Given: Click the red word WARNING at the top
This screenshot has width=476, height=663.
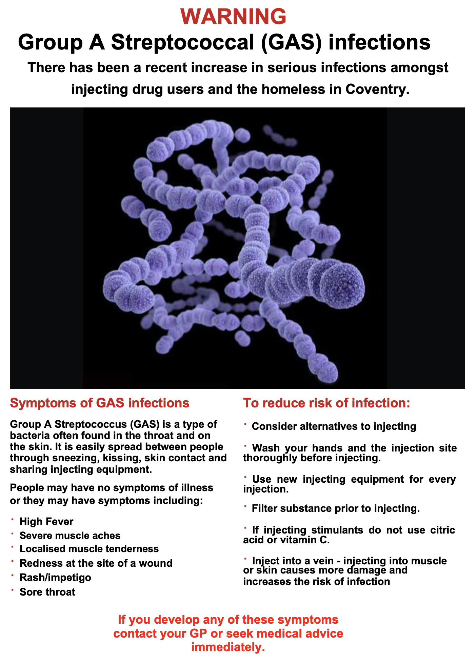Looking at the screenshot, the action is pyautogui.click(x=233, y=16).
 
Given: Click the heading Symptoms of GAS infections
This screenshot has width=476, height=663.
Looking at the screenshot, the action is pyautogui.click(x=100, y=403).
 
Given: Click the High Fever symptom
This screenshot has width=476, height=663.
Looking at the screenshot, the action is pyautogui.click(x=46, y=521).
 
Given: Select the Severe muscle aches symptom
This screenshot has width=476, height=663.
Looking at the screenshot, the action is pyautogui.click(x=70, y=536).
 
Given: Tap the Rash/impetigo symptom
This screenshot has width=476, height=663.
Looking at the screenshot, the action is pyautogui.click(x=55, y=577).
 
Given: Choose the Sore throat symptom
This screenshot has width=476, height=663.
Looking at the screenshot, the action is pyautogui.click(x=47, y=592).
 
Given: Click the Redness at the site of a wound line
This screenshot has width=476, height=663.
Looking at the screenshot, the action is pyautogui.click(x=96, y=563).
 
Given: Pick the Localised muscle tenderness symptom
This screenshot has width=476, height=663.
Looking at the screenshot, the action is pyautogui.click(x=89, y=549).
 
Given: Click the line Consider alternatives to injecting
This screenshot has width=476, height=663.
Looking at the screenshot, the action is pyautogui.click(x=334, y=426).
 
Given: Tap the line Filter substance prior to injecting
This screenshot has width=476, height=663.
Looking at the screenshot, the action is pyautogui.click(x=336, y=508).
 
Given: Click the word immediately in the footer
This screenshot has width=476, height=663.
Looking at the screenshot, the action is pyautogui.click(x=228, y=647).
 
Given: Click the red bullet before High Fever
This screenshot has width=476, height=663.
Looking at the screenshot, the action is pyautogui.click(x=12, y=519).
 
